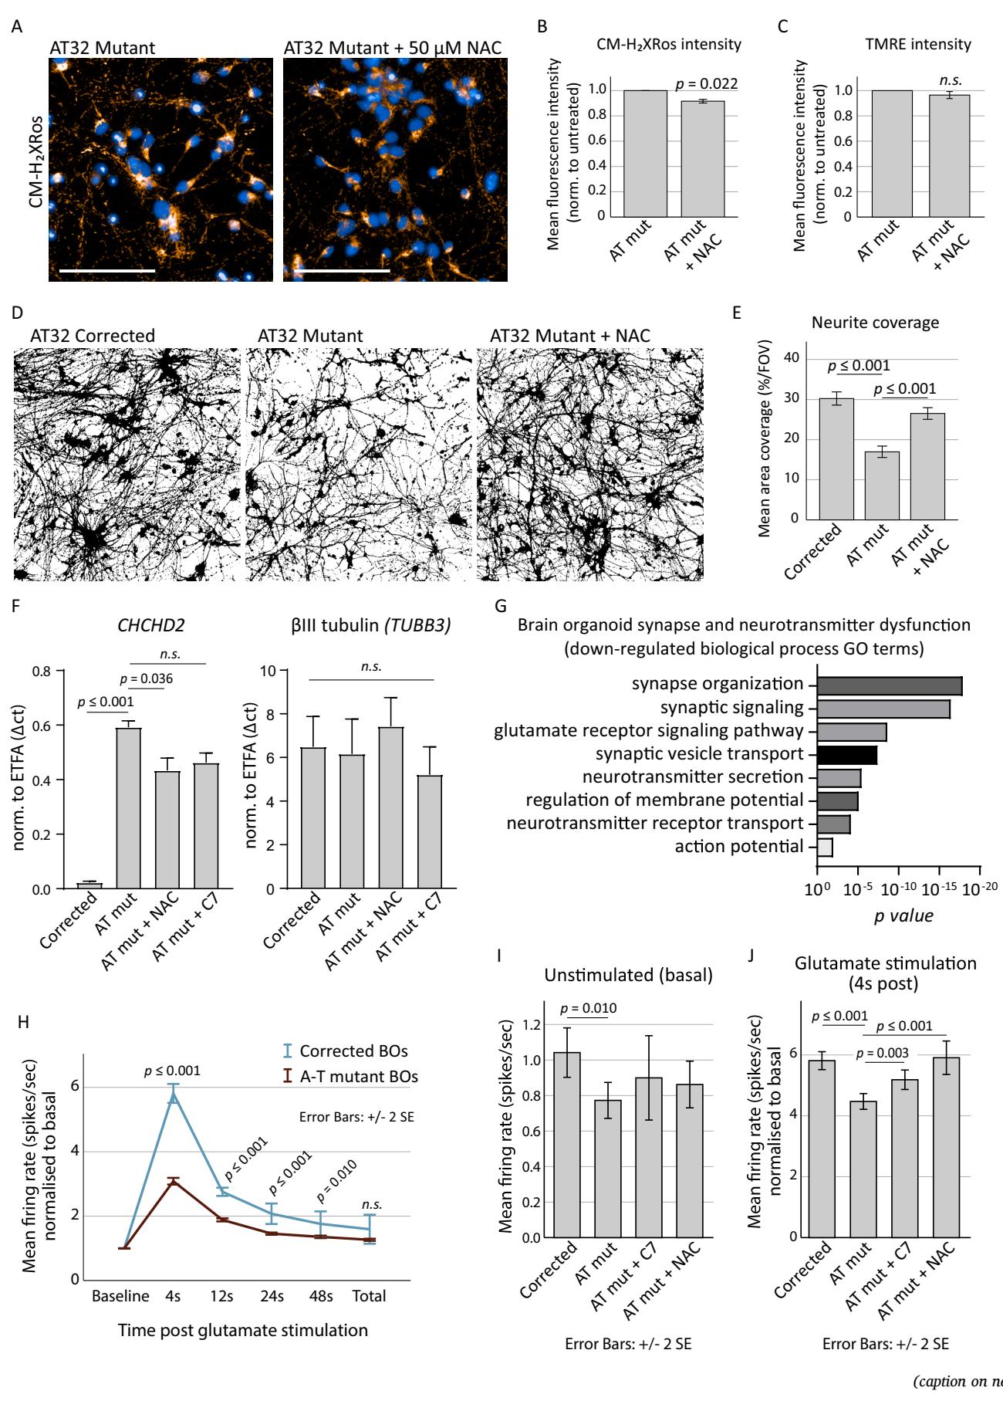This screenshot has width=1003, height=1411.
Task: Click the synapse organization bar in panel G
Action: click(x=889, y=685)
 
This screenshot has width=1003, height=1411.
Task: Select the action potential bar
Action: click(x=824, y=847)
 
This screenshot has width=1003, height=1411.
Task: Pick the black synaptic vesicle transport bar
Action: click(x=846, y=754)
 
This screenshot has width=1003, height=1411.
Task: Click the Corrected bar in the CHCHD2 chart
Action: click(x=89, y=885)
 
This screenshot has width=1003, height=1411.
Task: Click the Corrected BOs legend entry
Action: click(x=353, y=1051)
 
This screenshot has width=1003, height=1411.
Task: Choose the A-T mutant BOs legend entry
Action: click(x=358, y=1076)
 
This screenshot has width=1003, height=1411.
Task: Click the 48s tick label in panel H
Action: click(x=320, y=1296)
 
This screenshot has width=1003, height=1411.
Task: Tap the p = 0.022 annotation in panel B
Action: click(x=706, y=84)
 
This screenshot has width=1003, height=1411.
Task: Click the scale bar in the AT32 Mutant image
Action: click(x=107, y=271)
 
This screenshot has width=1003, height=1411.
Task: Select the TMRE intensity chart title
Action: click(x=917, y=44)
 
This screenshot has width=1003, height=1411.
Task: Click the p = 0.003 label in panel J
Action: click(x=882, y=1053)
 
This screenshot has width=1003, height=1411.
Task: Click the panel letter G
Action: click(x=500, y=606)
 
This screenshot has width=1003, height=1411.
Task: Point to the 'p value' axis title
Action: click(x=903, y=915)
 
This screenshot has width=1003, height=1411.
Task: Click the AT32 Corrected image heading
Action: click(x=93, y=336)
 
